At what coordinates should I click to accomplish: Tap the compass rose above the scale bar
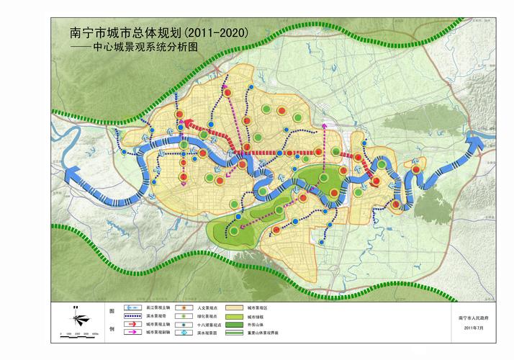(76, 317)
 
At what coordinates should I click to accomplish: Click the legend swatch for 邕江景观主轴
(134, 307)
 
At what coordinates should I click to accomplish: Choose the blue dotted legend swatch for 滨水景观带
(134, 316)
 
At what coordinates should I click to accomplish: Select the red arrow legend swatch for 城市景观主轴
(134, 325)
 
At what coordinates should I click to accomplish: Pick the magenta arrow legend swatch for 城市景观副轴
(134, 333)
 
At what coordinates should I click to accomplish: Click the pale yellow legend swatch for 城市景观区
(235, 307)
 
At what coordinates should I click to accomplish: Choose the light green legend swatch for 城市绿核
(235, 316)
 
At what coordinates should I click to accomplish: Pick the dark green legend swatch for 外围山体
(235, 325)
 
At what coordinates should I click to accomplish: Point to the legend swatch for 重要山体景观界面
(235, 333)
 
